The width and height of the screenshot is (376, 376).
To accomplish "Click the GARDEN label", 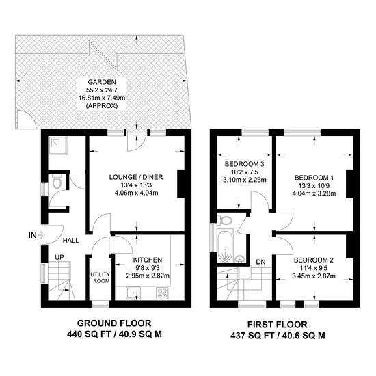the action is pos(102,82).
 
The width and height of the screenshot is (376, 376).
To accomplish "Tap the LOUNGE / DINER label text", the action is pos(136,177).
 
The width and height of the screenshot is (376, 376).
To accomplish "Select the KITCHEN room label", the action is pos(148,260).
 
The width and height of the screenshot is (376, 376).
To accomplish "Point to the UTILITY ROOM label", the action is pos(101,278).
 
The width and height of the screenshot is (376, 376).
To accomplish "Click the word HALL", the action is pos(71,241).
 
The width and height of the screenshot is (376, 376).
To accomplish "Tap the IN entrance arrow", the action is pos(41,235).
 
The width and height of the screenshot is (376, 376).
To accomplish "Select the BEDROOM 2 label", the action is pos(314,260).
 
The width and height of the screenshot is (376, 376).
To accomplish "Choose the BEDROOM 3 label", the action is pos(244,164).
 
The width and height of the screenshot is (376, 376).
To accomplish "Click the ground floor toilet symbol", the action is pos(57,181).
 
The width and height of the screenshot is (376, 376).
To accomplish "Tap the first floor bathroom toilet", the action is pos(225,220).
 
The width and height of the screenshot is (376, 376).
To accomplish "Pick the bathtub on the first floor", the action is pos(225,245).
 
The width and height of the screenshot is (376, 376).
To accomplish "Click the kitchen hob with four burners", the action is pos(162,293).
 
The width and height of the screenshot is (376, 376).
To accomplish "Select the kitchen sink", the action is pos(134,293).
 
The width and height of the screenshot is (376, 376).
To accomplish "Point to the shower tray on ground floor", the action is pos(58,146).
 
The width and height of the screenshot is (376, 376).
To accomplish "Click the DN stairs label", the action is pos(260,262).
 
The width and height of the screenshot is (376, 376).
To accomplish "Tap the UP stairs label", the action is pos(59,258).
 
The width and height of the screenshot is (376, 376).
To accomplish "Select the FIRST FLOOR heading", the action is pos(278,325).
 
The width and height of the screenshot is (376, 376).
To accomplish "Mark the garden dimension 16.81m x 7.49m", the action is pos(102,98).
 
